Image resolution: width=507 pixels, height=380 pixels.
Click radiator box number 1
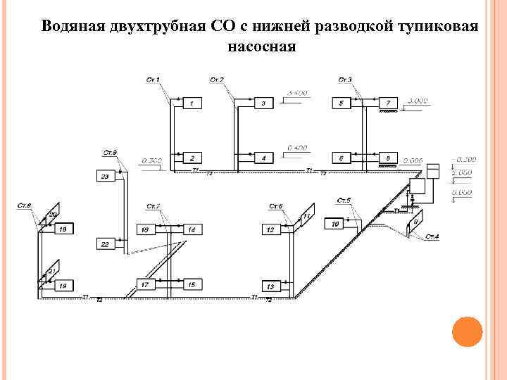tap(192, 103)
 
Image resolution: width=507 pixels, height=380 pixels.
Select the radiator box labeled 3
tap(263, 103)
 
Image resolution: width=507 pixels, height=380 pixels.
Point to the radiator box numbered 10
tap(335, 223)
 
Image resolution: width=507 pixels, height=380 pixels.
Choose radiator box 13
tap(270, 286)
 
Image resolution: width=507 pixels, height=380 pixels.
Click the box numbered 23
tap(105, 176)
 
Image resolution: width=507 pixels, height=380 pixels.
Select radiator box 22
tap(105, 243)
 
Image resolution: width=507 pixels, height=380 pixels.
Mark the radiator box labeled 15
tap(192, 284)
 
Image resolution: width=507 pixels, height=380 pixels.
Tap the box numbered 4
tap(263, 158)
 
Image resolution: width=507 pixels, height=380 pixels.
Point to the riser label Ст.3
tap(345, 79)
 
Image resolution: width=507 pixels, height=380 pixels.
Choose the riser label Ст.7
tap(154, 206)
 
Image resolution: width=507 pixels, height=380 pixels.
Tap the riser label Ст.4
tap(432, 236)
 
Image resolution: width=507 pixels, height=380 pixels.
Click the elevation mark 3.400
tap(298, 93)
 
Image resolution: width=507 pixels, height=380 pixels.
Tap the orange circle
tap(466, 331)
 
